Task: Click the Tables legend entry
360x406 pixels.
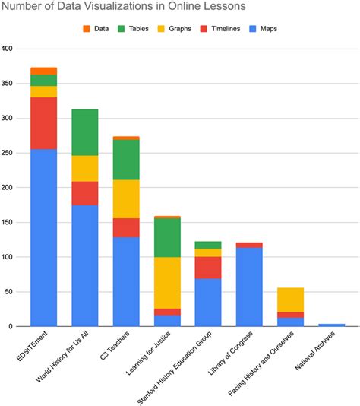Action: click(134, 29)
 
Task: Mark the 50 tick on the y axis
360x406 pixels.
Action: click(10, 292)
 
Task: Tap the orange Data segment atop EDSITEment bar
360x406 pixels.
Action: click(43, 71)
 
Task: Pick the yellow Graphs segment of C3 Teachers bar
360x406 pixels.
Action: click(125, 198)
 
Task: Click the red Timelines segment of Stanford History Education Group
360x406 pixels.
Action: click(208, 268)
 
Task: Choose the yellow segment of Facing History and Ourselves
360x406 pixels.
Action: click(290, 300)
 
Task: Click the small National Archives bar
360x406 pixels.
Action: click(331, 325)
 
